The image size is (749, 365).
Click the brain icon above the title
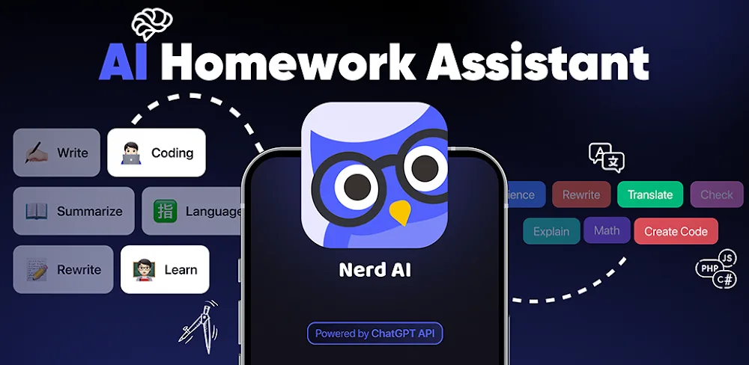(x=152, y=25)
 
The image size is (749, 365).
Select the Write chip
(x=56, y=153)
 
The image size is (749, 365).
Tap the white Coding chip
(x=157, y=153)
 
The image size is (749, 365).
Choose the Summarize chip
(x=73, y=211)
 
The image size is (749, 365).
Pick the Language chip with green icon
(x=194, y=211)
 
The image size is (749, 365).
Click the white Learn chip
(x=165, y=269)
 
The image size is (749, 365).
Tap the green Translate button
(x=650, y=194)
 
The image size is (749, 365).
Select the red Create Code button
(x=676, y=231)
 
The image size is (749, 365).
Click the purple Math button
(x=607, y=230)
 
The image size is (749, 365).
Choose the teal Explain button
(x=551, y=232)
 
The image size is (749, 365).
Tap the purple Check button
(x=716, y=194)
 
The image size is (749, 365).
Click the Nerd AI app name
(x=374, y=270)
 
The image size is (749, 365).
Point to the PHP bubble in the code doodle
(x=707, y=268)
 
